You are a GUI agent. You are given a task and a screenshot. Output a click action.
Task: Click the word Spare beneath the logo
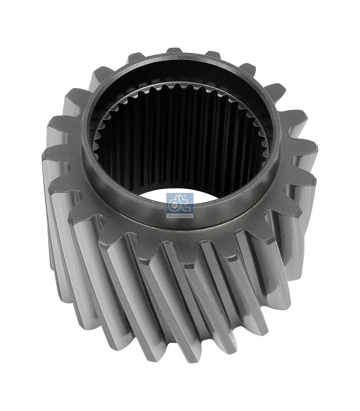tap(174, 216)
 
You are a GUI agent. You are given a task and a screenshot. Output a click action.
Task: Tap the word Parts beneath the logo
tap(187, 216)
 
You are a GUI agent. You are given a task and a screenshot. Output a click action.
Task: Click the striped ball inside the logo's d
tap(174, 206)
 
